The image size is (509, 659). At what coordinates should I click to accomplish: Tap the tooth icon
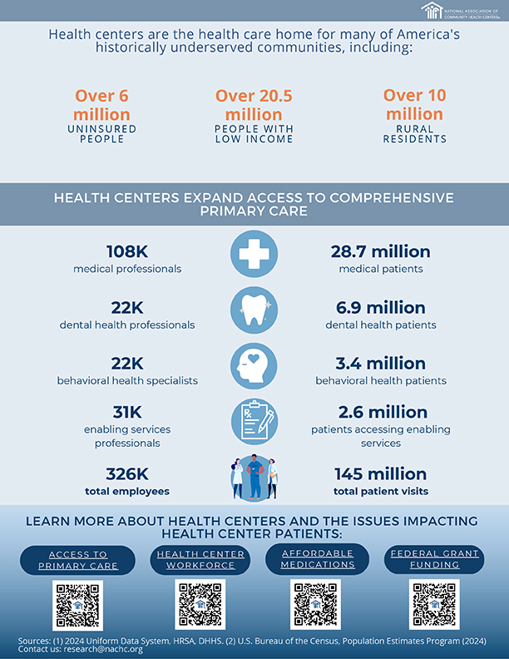pyautogui.click(x=254, y=310)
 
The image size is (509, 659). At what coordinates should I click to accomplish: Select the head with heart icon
pyautogui.click(x=254, y=366)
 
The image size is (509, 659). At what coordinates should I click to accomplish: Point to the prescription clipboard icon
pyautogui.click(x=254, y=422)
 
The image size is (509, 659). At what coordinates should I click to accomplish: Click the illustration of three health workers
pyautogui.click(x=254, y=478)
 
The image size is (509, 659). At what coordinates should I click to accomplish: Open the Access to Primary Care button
pyautogui.click(x=77, y=560)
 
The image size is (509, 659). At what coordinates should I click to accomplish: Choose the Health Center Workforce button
pyautogui.click(x=200, y=560)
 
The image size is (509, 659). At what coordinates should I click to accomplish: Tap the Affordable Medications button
pyautogui.click(x=316, y=558)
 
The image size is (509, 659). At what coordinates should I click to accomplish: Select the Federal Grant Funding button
pyautogui.click(x=434, y=558)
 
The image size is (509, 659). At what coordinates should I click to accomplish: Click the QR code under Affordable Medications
pyautogui.click(x=315, y=604)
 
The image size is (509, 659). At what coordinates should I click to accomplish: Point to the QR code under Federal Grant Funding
pyautogui.click(x=434, y=604)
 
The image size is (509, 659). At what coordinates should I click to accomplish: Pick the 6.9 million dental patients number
pyautogui.click(x=380, y=308)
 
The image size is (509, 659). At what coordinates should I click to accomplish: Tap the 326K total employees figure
pyautogui.click(x=127, y=474)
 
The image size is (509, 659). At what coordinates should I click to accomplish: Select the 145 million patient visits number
pyautogui.click(x=380, y=474)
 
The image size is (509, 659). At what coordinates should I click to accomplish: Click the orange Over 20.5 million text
pyautogui.click(x=254, y=105)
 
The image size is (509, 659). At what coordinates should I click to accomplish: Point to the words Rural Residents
pyautogui.click(x=414, y=134)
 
